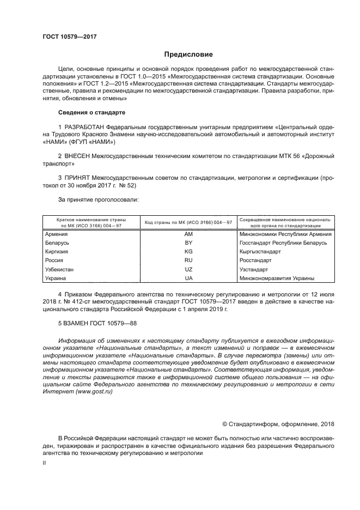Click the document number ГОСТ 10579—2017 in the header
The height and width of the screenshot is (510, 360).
click(x=66, y=37)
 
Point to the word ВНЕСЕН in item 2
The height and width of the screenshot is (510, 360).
click(x=80, y=155)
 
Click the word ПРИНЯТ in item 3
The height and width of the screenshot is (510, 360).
click(x=80, y=178)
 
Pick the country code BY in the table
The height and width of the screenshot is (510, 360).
click(x=188, y=242)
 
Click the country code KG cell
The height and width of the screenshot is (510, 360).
click(x=188, y=252)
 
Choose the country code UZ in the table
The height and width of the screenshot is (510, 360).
click(x=188, y=269)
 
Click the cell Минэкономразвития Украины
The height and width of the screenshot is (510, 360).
click(x=277, y=278)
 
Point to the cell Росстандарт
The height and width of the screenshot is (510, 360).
click(x=255, y=260)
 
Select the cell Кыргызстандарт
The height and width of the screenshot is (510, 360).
click(x=260, y=252)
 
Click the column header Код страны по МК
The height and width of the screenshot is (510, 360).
click(x=188, y=222)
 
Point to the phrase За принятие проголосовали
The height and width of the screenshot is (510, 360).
click(x=98, y=199)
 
